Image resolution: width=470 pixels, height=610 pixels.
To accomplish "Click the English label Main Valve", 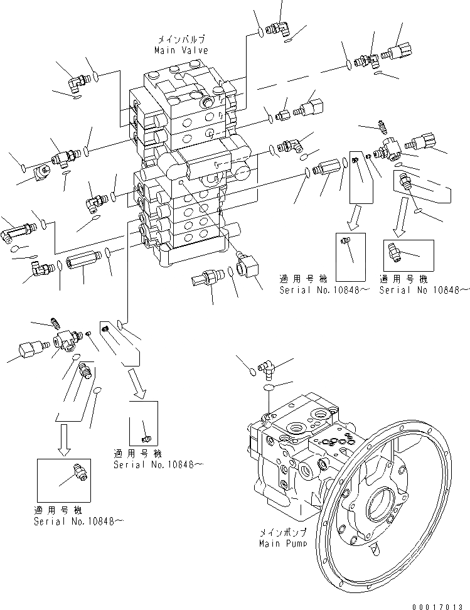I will click(x=180, y=50).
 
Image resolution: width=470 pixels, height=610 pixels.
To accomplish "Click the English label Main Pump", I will click(x=282, y=543).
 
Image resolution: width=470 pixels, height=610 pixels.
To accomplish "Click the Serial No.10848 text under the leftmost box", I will click(x=74, y=521).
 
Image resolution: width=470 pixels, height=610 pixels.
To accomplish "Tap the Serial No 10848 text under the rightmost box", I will click(x=424, y=289).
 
